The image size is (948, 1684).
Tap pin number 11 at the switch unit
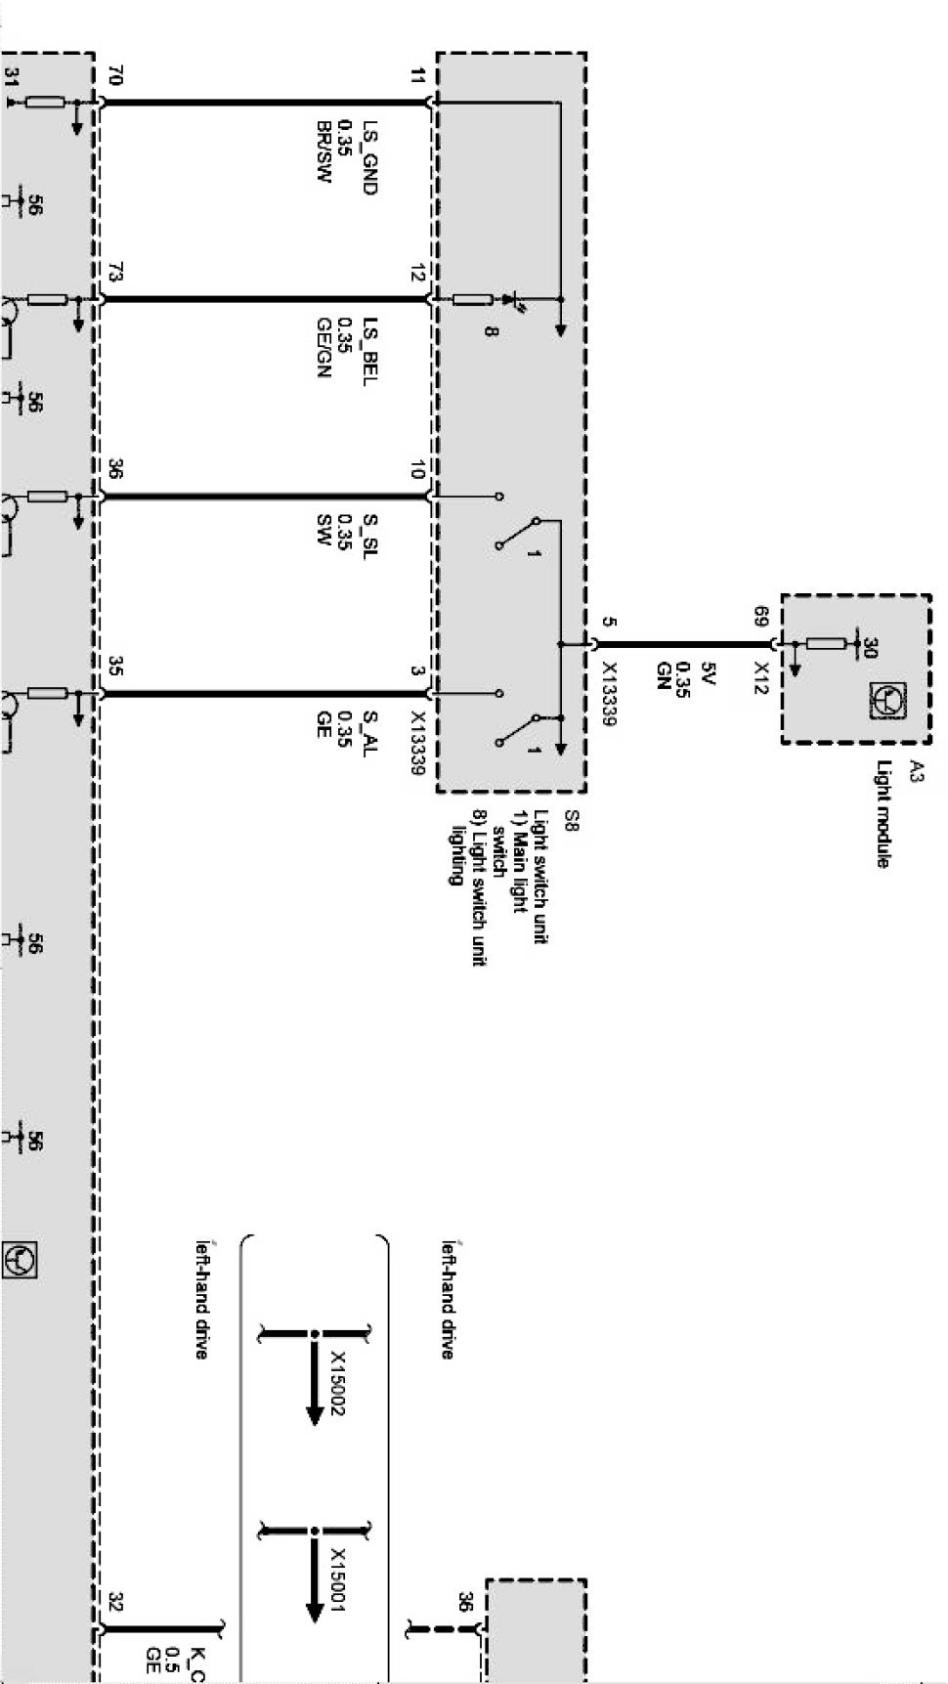417,76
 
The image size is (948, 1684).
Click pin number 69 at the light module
760,617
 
